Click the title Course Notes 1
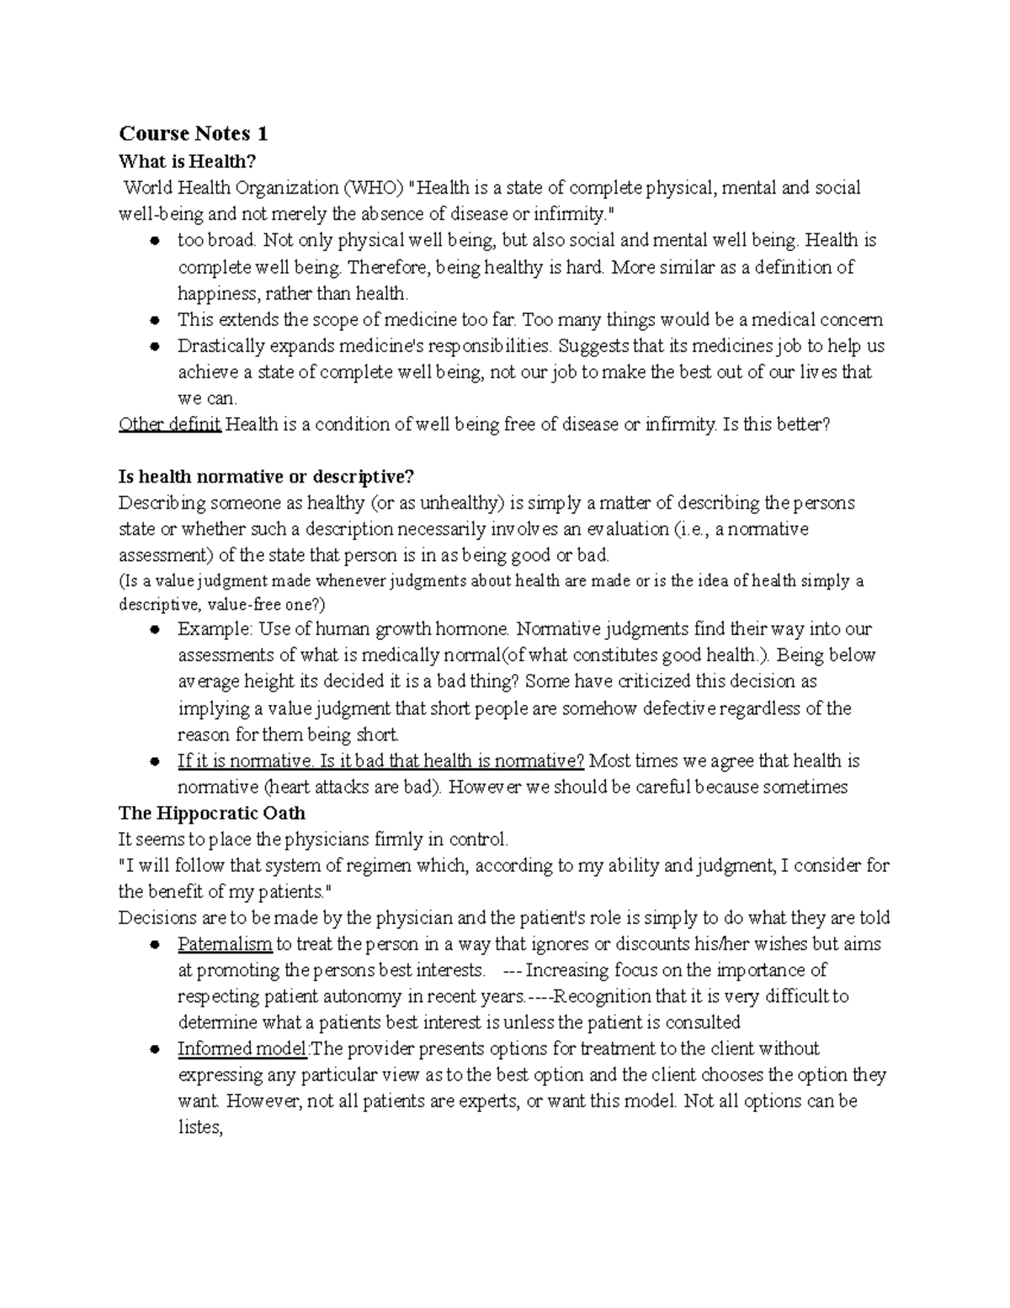[x=193, y=133]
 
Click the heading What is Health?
[x=186, y=161]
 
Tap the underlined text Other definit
[x=170, y=424]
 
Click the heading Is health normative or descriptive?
[x=267, y=477]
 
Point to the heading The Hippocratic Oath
[x=211, y=813]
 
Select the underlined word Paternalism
[x=225, y=944]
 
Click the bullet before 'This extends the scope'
[x=154, y=320]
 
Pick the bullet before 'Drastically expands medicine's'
[x=154, y=346]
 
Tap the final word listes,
[x=199, y=1127]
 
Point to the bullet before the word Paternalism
[x=154, y=945]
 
